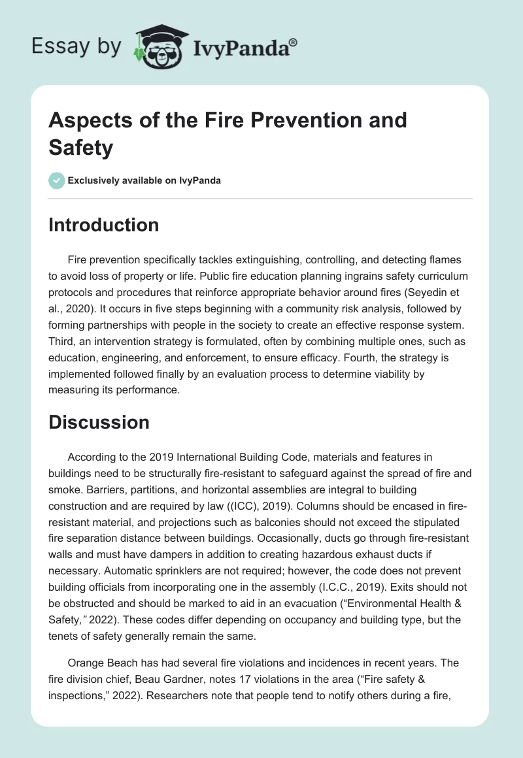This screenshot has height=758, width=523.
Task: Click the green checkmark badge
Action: coord(57,180)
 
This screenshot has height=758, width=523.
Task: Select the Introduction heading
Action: coord(103,225)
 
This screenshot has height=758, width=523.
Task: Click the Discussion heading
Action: coord(99,422)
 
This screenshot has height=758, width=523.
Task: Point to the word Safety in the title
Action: coord(81,148)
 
